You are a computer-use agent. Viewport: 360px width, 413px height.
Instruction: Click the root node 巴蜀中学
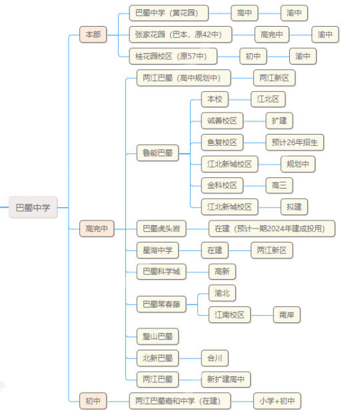coord(33,207)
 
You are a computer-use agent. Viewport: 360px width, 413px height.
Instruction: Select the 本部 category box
coord(93,34)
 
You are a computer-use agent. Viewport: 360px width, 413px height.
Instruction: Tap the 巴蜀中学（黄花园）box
coord(169,13)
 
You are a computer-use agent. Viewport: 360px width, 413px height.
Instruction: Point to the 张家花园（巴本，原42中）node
coord(181,34)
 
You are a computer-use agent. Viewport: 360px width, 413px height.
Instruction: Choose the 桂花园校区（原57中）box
coord(173,56)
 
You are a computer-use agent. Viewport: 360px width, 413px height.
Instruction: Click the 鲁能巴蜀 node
coord(157,153)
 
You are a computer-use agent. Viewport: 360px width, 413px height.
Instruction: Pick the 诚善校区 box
coord(222,121)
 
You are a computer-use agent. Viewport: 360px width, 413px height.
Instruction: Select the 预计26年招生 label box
coord(295,143)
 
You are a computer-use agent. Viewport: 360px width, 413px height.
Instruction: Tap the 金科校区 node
coord(222,185)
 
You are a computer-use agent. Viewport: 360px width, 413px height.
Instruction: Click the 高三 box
coord(279,185)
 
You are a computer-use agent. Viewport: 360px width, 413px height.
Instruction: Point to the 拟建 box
coord(294,206)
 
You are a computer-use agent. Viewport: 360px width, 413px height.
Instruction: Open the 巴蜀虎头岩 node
coord(161,228)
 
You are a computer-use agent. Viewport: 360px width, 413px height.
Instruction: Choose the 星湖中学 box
coord(157,250)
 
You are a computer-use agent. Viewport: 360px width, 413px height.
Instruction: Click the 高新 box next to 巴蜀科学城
coord(222,271)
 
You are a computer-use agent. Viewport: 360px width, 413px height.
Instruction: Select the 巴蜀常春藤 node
coord(161,304)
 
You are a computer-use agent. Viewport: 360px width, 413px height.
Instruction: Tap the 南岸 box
coord(287,314)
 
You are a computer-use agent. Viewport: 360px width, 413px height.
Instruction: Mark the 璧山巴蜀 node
coord(157,336)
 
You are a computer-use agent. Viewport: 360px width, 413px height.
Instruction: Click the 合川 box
coord(215,358)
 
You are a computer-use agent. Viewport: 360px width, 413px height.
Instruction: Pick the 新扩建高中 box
coord(226,379)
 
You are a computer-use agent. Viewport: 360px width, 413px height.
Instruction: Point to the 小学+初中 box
coord(277,401)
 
